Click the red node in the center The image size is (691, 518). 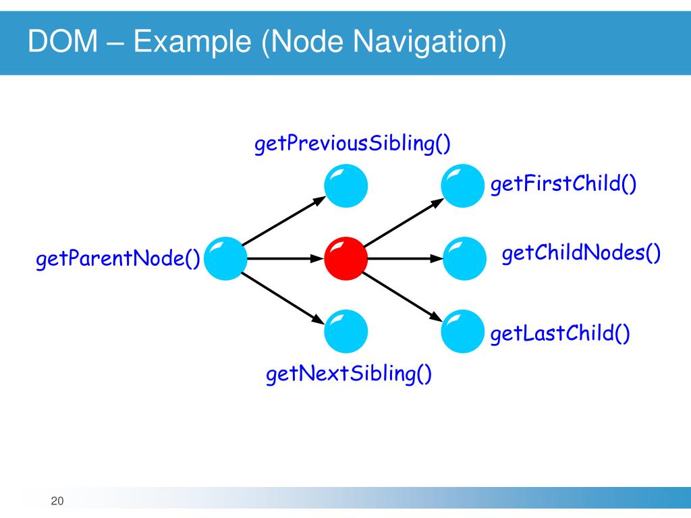pos(345,258)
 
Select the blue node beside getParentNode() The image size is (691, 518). pos(224,258)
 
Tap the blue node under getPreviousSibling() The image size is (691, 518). pos(345,185)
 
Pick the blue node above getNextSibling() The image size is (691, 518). pos(345,330)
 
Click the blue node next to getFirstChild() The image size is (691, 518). pos(464,185)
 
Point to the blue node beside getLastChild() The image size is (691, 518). pos(464,330)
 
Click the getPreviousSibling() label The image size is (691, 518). pos(352,144)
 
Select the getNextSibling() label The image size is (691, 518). pos(349,373)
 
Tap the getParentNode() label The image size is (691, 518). pos(117,258)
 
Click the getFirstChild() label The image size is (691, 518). pos(563,184)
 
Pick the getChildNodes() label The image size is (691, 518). pos(581,254)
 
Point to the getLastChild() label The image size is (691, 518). pos(560,333)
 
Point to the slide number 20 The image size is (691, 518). pos(57,501)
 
